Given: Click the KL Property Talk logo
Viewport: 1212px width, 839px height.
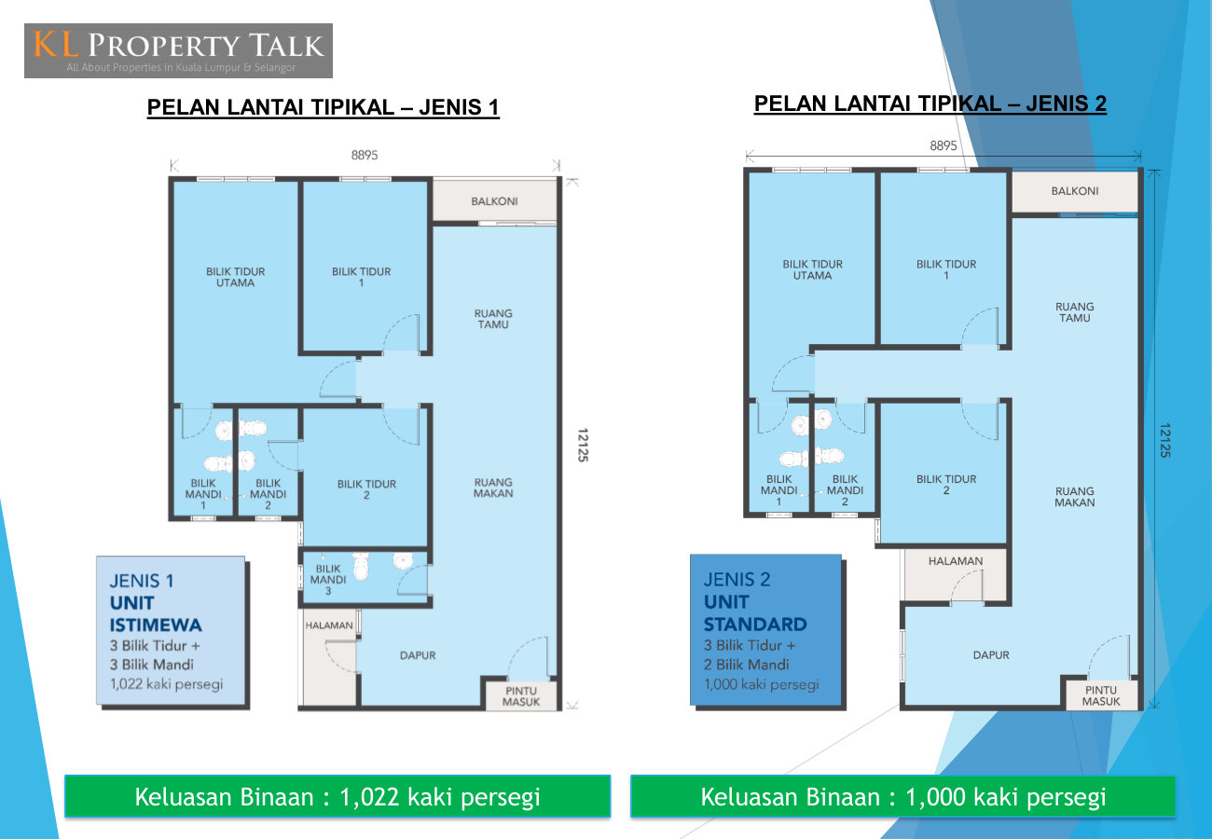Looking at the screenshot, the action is tap(179, 50).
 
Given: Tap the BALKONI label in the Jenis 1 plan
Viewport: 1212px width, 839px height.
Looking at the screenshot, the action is tap(494, 201).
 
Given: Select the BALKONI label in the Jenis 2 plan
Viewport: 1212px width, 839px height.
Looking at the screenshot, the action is tap(1075, 191).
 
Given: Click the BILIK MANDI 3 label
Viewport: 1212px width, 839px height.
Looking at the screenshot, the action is tap(328, 579).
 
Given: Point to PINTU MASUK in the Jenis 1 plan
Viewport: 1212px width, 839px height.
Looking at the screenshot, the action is tap(521, 696).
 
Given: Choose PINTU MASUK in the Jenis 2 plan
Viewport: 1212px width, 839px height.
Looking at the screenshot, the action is tap(1101, 695).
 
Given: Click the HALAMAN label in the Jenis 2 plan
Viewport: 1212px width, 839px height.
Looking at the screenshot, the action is tap(956, 561).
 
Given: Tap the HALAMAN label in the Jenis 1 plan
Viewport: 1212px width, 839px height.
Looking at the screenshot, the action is tap(329, 626).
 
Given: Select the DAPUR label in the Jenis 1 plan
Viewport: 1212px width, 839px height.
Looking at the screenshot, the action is tap(418, 655).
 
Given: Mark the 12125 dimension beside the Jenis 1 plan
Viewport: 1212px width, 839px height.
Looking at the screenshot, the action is tap(582, 445).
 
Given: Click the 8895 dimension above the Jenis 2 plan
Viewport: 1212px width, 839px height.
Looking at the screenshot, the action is tap(943, 145).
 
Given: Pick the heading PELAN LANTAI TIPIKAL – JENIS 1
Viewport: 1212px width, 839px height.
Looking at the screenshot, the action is tap(323, 107).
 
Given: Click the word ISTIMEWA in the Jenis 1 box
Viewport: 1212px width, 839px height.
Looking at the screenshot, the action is tap(156, 625).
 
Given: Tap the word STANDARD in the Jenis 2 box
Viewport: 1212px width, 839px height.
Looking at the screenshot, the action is tap(755, 625).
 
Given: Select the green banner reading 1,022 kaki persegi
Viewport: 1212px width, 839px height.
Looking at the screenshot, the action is tap(337, 796).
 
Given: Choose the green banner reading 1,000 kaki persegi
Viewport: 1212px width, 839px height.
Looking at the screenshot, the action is tap(903, 796).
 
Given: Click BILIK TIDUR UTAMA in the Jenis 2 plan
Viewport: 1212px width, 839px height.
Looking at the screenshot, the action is tap(812, 269).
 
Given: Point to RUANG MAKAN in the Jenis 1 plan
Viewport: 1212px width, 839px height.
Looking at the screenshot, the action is tap(493, 488).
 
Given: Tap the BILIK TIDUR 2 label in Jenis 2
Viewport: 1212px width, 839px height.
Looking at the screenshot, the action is tap(945, 484).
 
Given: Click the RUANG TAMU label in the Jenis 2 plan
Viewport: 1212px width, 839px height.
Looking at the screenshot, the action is tap(1075, 312).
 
